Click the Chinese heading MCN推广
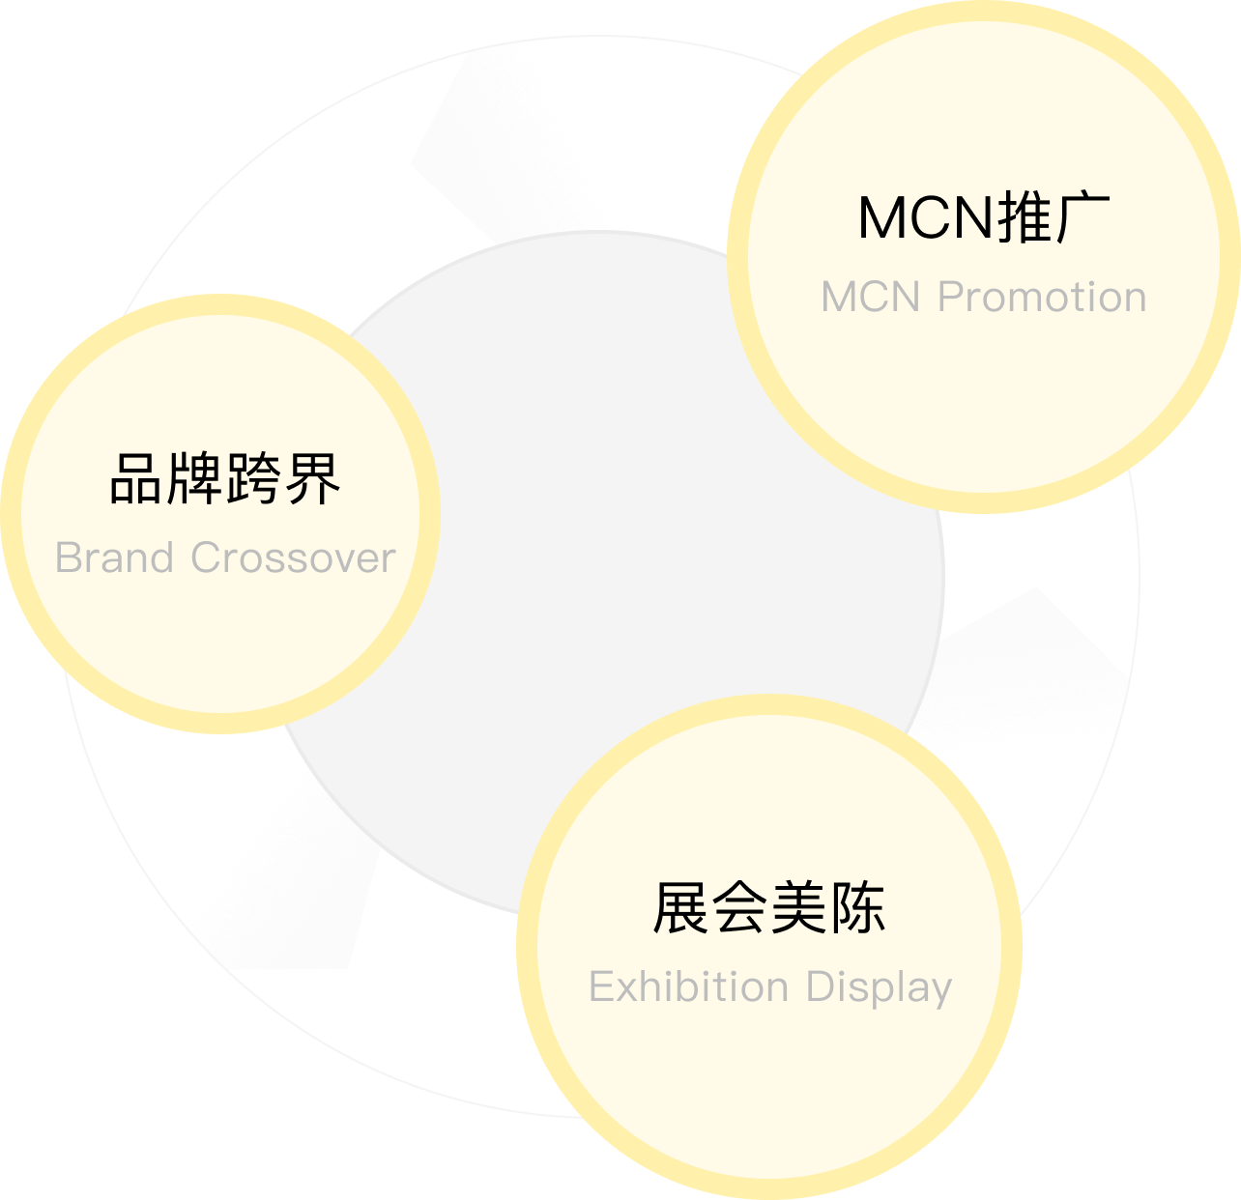point(984,217)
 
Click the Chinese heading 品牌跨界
point(225,478)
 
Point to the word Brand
point(114,558)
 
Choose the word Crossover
point(293,558)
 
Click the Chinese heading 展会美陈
point(769,908)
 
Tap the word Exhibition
point(688,987)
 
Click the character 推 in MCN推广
point(1025,217)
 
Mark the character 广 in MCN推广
point(1082,217)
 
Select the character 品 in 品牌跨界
point(137,478)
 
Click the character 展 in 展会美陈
point(681,908)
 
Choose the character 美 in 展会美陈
point(798,908)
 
